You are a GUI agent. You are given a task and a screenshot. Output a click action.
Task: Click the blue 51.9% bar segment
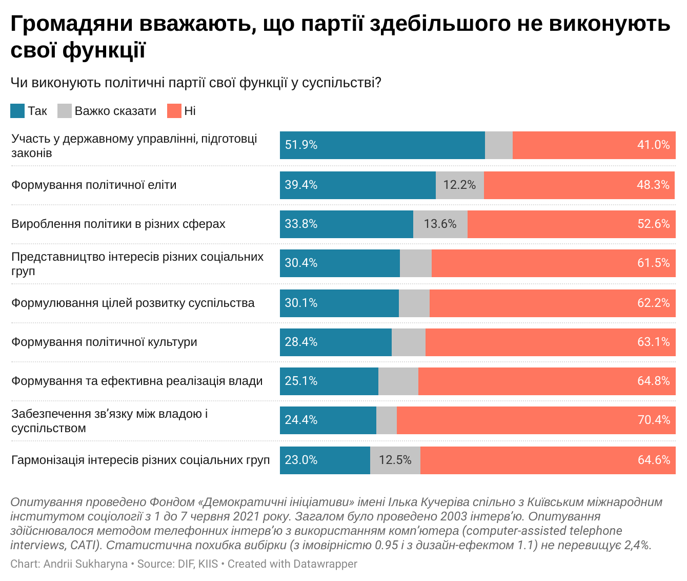382,145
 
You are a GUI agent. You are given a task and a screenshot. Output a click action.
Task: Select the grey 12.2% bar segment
459,185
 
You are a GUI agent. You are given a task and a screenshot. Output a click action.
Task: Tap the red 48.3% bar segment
579,185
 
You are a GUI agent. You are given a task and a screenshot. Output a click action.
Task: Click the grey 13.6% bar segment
440,224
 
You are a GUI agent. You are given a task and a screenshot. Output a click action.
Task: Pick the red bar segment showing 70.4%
536,420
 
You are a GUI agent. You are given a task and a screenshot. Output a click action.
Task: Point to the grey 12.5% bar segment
395,460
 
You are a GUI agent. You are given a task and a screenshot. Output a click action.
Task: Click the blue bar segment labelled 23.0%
325,460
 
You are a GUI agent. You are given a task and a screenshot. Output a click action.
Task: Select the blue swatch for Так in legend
17,111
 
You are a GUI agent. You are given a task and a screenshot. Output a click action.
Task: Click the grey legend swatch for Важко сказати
64,111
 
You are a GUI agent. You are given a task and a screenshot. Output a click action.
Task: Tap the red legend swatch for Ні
174,111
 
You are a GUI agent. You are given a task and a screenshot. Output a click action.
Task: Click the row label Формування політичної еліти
94,185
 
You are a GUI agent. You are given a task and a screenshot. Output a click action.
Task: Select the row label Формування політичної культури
104,342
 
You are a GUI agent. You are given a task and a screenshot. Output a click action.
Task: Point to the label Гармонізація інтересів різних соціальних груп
140,460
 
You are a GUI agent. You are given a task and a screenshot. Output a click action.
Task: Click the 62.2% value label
653,303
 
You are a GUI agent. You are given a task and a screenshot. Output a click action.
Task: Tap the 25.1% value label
301,381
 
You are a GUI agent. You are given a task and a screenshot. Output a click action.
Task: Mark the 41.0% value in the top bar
653,145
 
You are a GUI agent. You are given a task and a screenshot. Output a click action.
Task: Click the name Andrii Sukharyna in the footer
85,564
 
